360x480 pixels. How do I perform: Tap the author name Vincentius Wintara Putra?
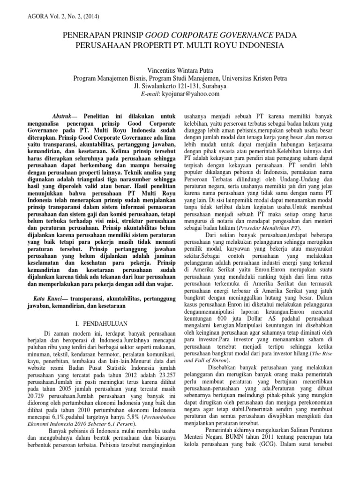point(180,70)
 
